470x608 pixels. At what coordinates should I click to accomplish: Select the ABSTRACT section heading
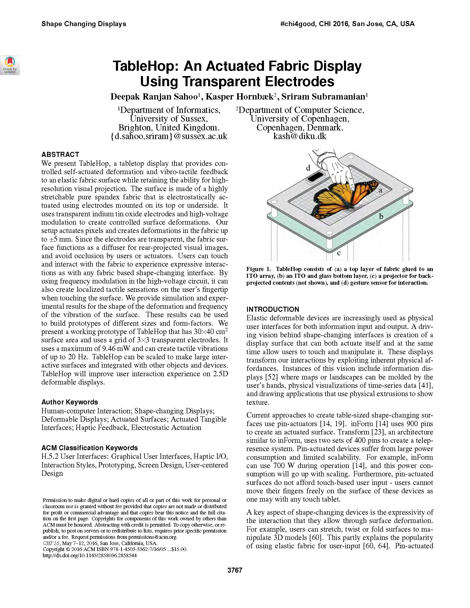pyautogui.click(x=60, y=155)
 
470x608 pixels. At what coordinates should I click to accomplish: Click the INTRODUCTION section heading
pyautogui.click(x=273, y=309)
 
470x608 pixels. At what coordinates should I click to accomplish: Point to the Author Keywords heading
pyautogui.click(x=70, y=402)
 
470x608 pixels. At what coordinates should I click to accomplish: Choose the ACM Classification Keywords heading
pyautogui.click(x=89, y=448)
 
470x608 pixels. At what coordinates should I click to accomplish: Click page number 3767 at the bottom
pyautogui.click(x=235, y=570)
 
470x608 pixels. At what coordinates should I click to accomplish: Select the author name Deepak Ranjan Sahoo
pyautogui.click(x=154, y=97)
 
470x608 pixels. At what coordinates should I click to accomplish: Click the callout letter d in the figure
pyautogui.click(x=308, y=168)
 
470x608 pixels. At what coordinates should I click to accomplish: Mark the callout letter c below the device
pyautogui.click(x=339, y=253)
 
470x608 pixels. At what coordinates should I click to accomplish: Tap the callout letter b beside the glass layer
pyautogui.click(x=381, y=217)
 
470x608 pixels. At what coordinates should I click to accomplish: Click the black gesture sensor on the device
pyautogui.click(x=316, y=177)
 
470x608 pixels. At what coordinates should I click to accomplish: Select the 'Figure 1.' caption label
pyautogui.click(x=258, y=269)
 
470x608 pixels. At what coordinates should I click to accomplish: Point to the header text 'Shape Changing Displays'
pyautogui.click(x=84, y=24)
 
